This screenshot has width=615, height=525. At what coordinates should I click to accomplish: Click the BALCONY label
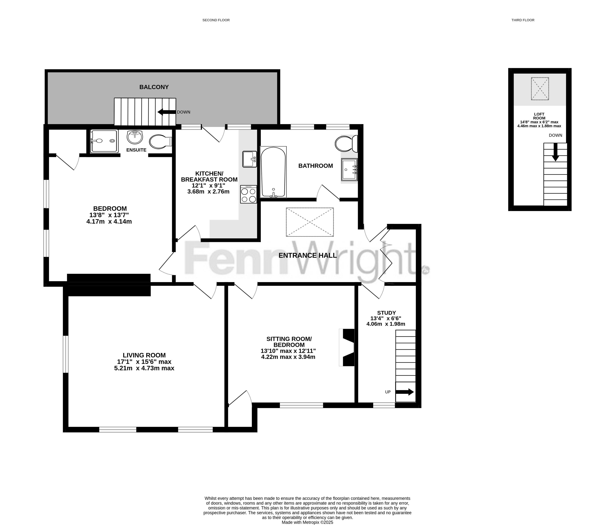point(154,87)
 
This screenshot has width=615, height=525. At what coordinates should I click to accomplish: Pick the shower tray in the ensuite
point(104,141)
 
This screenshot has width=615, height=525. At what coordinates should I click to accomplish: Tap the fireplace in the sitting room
point(347,347)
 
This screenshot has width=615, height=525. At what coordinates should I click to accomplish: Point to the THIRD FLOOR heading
point(523,20)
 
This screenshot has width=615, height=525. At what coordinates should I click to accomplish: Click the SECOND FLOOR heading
point(216,20)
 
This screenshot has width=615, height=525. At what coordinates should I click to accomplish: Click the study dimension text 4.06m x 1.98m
point(386,324)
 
